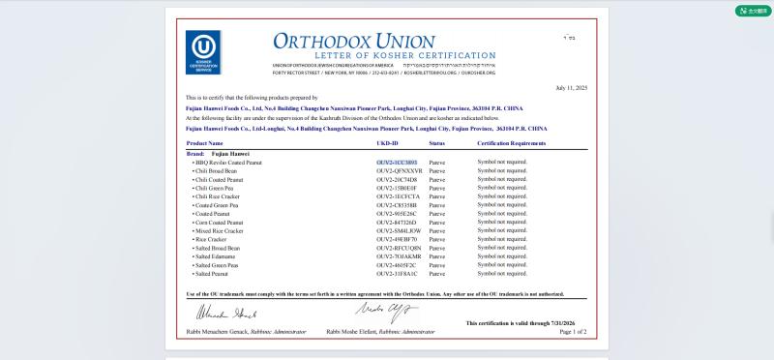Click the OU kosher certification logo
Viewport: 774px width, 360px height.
point(203,52)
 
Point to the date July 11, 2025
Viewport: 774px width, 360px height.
point(571,87)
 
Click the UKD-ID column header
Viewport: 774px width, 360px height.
point(387,142)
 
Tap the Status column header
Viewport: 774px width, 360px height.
point(436,142)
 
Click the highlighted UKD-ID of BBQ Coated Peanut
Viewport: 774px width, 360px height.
point(397,163)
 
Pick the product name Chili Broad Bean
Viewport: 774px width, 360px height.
point(216,170)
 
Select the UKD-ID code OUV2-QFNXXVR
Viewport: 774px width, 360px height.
point(399,170)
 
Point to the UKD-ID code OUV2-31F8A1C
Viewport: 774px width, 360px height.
point(397,273)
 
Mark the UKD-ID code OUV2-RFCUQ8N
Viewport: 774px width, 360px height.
point(399,248)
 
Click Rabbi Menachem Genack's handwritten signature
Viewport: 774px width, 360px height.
point(226,313)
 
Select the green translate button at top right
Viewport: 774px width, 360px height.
point(753,11)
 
